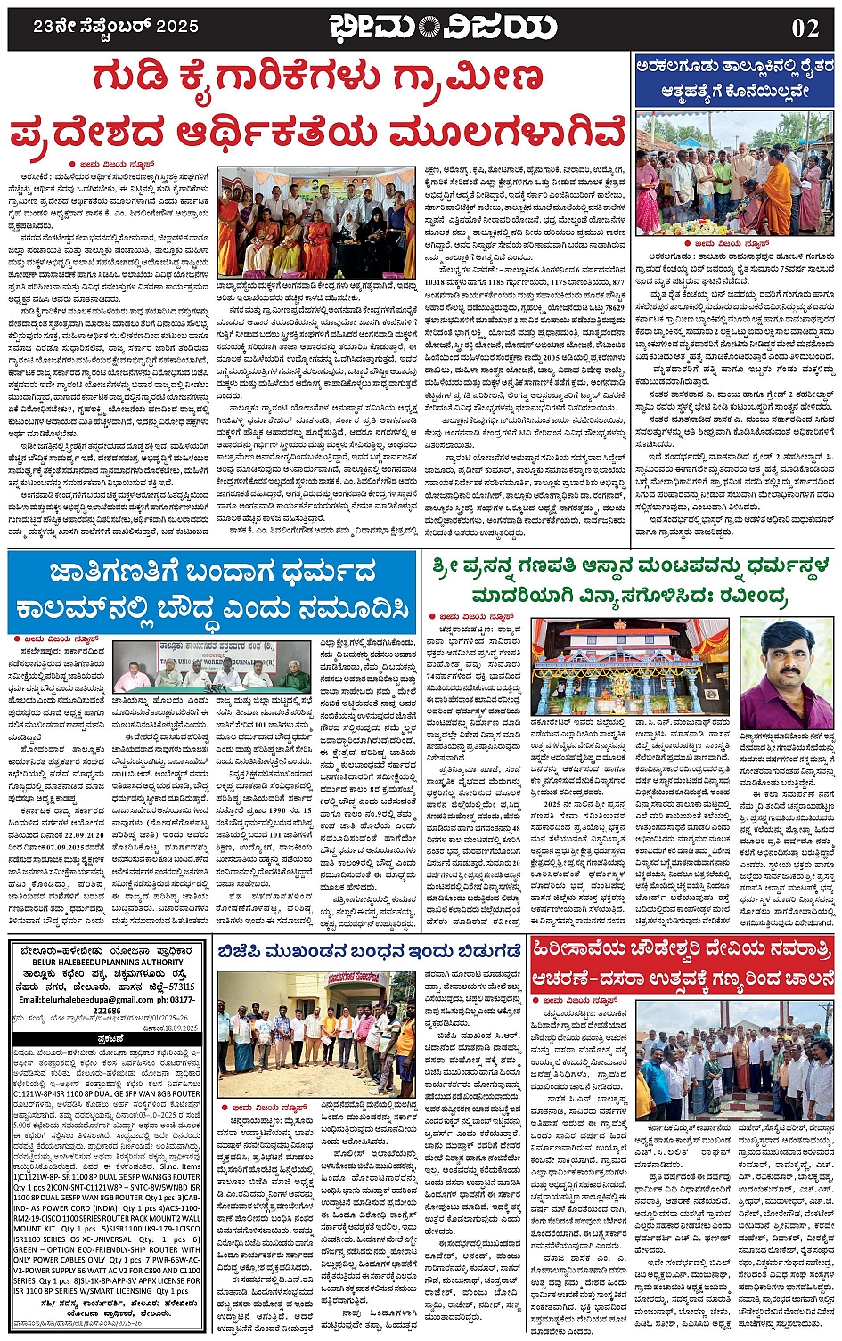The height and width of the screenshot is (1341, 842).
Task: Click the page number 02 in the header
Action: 804,28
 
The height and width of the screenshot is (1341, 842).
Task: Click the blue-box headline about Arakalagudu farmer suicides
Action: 735,77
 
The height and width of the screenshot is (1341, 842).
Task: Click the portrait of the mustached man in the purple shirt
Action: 787,674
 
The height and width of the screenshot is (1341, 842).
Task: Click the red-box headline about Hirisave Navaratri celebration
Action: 682,964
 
